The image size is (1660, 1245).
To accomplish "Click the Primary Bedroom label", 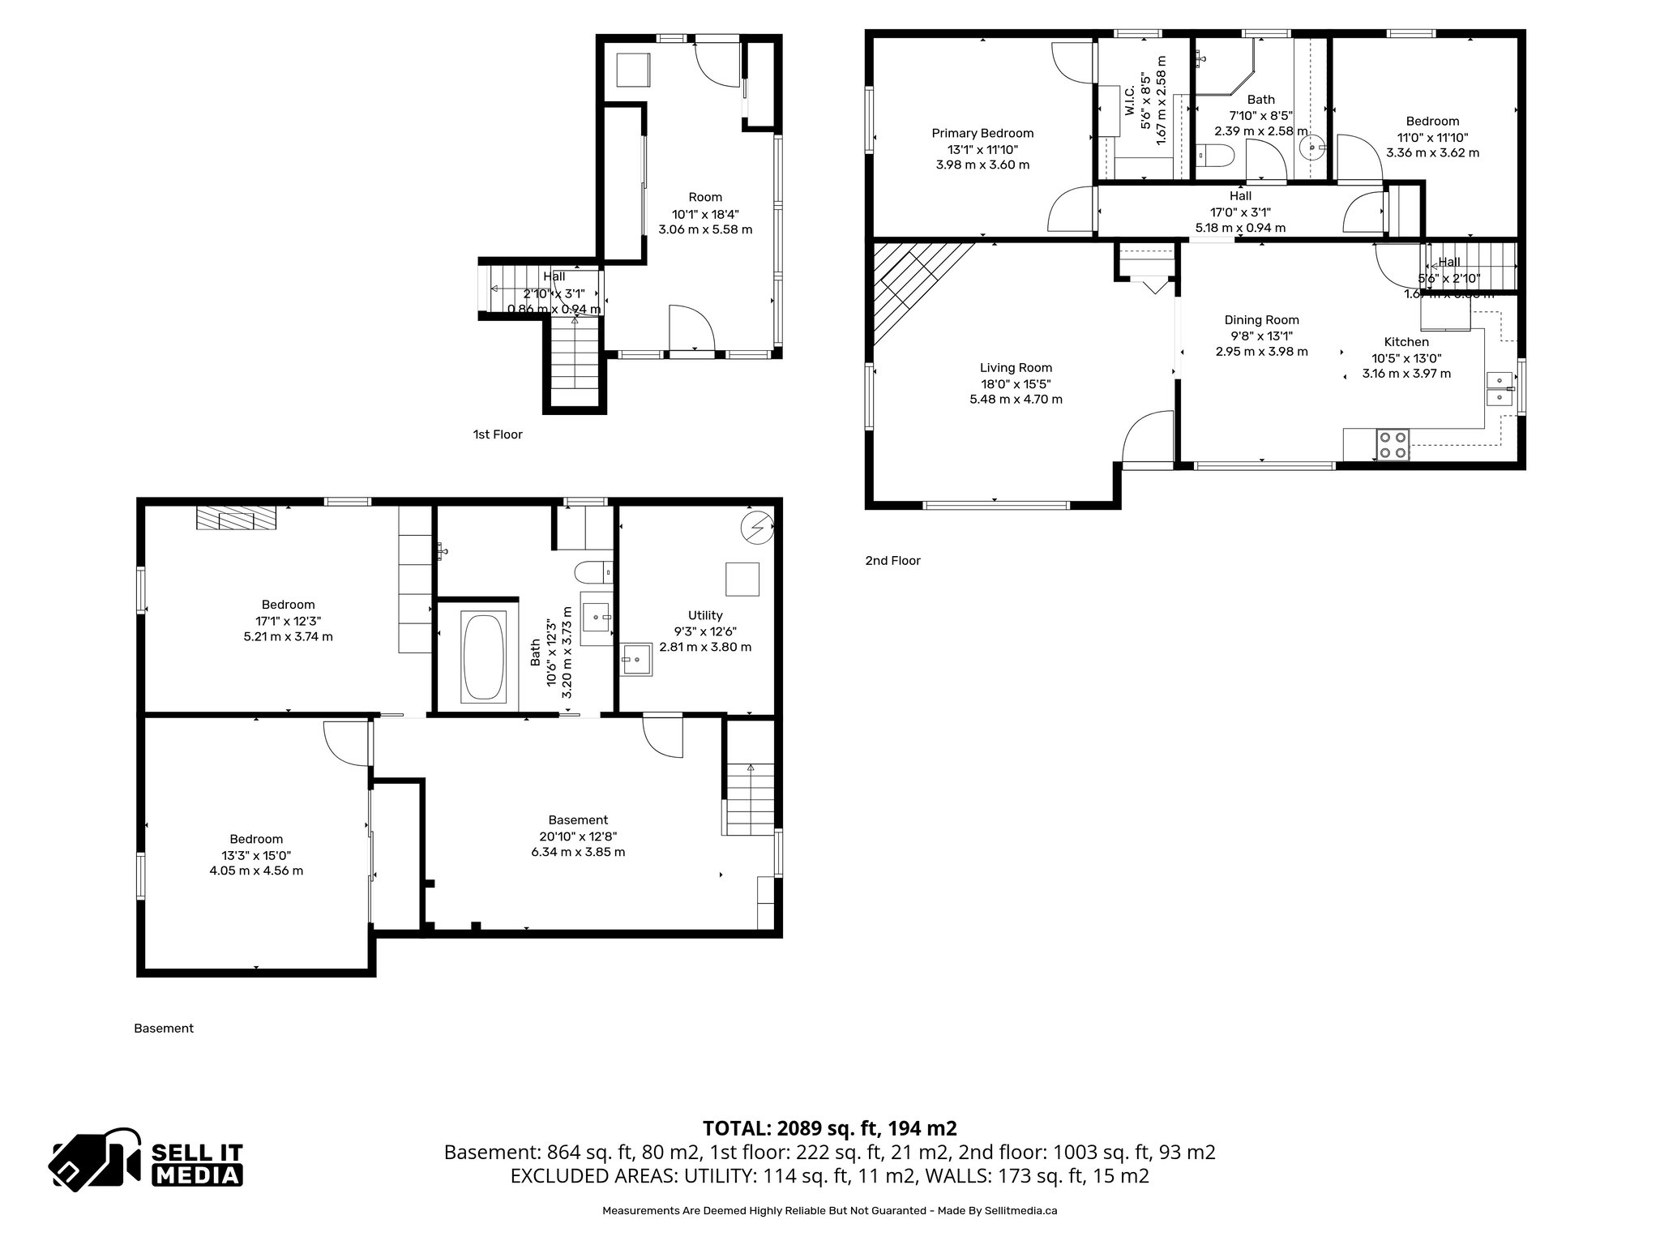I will pyautogui.click(x=982, y=133).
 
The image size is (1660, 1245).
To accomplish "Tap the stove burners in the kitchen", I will pyautogui.click(x=1393, y=445).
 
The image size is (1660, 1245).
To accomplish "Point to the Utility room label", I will pyautogui.click(x=704, y=615).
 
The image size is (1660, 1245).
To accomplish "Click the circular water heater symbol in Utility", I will pyautogui.click(x=757, y=528).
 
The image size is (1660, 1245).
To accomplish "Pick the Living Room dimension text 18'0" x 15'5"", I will pyautogui.click(x=1016, y=383).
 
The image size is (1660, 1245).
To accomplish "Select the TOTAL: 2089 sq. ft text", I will pyautogui.click(x=829, y=1128).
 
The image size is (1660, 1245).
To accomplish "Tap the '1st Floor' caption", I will pyautogui.click(x=498, y=434).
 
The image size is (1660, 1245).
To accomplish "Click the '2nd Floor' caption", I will pyautogui.click(x=892, y=560).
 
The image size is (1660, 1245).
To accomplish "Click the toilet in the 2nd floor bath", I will pyautogui.click(x=1214, y=154).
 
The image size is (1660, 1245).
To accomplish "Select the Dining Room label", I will pyautogui.click(x=1261, y=320).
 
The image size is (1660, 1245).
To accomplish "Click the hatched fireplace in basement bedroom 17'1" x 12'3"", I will pyautogui.click(x=237, y=519).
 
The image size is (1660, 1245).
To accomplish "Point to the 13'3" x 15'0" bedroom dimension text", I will pyautogui.click(x=256, y=855).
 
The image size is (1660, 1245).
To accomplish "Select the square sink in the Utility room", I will pyautogui.click(x=637, y=659).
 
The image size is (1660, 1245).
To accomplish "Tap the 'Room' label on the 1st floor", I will pyautogui.click(x=705, y=197).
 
